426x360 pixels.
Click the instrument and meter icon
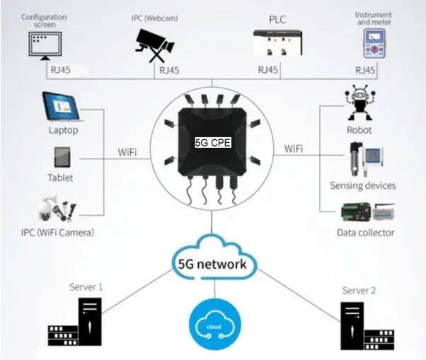[372, 44]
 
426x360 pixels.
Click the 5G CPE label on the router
[212, 141]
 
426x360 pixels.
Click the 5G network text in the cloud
[212, 265]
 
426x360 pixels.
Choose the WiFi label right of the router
[294, 149]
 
